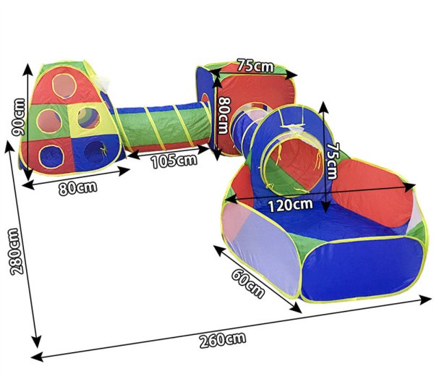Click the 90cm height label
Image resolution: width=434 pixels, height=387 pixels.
pos(20,117)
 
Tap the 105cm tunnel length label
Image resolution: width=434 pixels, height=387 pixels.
pos(174,161)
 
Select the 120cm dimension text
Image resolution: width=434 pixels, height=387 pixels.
pos(291,205)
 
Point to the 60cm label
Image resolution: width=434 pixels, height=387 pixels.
pos(247,284)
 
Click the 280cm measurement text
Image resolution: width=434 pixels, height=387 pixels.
pos(16,252)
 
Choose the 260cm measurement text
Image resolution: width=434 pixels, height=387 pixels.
pos(223,340)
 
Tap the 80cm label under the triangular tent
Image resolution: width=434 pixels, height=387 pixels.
pos(78,188)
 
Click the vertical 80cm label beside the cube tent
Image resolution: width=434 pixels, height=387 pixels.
pos(224,116)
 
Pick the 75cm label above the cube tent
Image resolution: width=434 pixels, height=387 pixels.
pos(255,66)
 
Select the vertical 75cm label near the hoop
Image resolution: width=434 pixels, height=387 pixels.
pos(331,161)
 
